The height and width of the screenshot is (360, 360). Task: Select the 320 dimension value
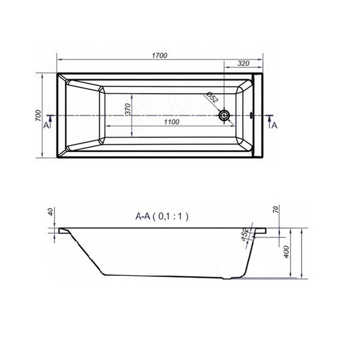244,63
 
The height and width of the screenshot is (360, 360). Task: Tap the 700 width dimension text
38,116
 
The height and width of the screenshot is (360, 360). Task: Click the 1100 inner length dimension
171,122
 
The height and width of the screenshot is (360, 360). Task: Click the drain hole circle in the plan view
224,116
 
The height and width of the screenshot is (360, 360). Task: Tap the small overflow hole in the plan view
252,116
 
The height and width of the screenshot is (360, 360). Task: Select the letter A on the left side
45,125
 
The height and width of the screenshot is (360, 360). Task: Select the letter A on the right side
274,125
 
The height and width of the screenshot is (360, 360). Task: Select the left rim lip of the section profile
61,230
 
